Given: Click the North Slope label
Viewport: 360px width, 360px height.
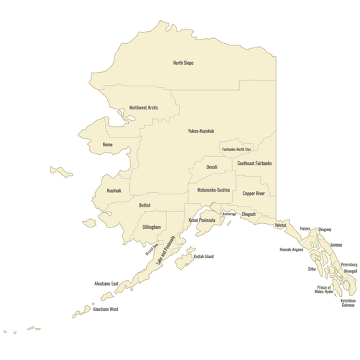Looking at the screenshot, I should coord(183,63).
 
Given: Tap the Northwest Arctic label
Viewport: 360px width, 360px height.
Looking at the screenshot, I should coord(143,108).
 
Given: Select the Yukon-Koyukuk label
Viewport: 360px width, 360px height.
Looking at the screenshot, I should coord(201,131).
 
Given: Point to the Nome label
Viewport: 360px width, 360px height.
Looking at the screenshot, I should coord(108,144).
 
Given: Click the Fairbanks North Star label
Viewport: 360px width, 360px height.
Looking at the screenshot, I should coord(236,149).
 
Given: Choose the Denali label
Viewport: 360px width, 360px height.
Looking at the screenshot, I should coord(212,167).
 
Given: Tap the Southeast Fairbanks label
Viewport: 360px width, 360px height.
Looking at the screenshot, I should coord(254,163).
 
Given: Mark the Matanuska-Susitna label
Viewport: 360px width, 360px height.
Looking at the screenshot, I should coord(214,189).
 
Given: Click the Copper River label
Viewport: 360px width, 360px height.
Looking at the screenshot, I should coord(253,194).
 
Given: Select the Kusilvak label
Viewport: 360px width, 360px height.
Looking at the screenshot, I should coord(114,191).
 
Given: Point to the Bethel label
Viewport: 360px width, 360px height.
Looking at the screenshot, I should coord(145,205).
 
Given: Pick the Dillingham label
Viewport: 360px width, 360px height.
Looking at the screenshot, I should coord(152,227).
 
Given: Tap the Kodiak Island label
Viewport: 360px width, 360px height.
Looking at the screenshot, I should coord(200,256).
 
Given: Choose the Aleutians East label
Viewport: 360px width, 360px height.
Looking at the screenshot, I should coord(106,284).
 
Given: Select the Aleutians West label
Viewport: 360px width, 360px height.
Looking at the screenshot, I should coord(105,309).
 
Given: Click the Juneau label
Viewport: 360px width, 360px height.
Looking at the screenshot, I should coord(336,246).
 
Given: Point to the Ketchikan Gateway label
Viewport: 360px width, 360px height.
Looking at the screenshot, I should coord(348,302).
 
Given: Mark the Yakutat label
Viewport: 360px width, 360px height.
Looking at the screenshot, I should coord(280,225).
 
